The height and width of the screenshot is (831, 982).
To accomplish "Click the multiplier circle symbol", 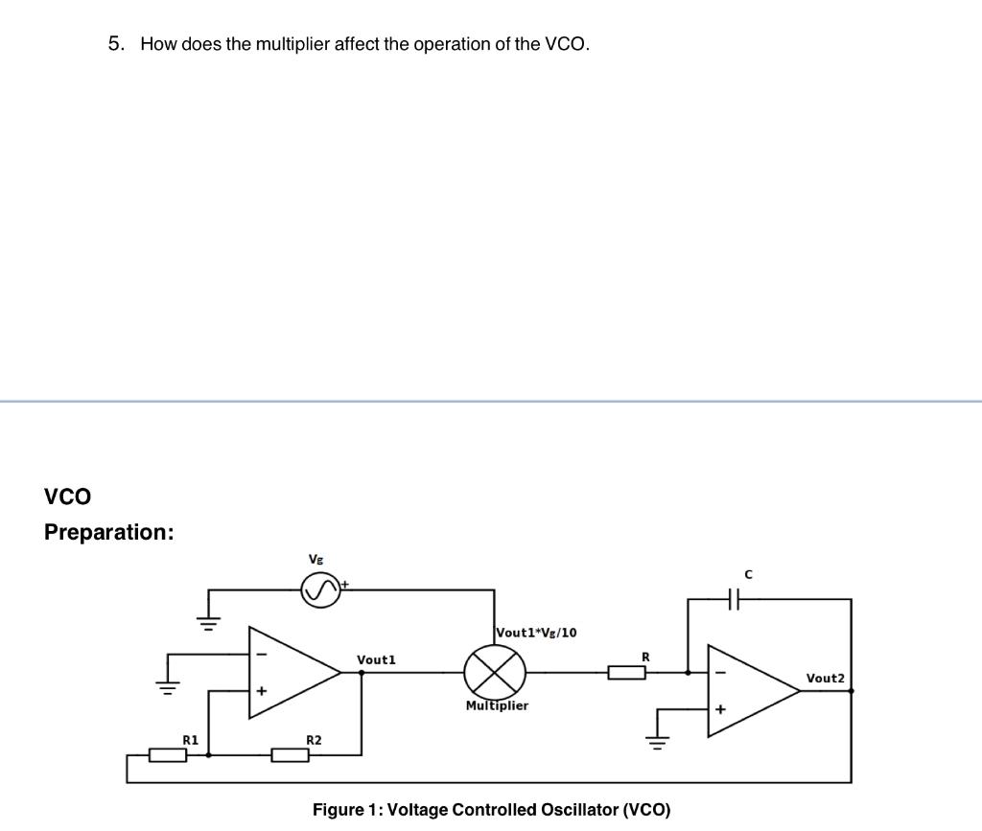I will tap(495, 672).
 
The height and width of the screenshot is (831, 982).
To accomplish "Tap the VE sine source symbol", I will tap(320, 589).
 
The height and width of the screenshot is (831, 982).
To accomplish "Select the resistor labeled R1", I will tap(168, 755).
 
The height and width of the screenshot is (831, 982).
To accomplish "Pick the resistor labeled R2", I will tap(290, 755).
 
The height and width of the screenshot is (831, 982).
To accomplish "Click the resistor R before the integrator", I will tap(626, 673).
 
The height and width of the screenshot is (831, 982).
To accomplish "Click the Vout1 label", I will tap(376, 659).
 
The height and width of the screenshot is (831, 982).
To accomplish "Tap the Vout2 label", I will tap(825, 678).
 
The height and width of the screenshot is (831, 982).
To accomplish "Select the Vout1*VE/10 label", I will tap(536, 633).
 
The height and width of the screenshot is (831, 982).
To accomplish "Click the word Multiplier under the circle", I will tap(497, 705).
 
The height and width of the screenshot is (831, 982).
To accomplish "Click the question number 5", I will tap(116, 44).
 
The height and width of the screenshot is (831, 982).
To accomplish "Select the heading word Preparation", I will tap(108, 532).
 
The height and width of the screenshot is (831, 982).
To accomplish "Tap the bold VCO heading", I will tap(67, 496).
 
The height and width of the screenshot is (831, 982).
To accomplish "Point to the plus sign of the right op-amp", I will tap(719, 710).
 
